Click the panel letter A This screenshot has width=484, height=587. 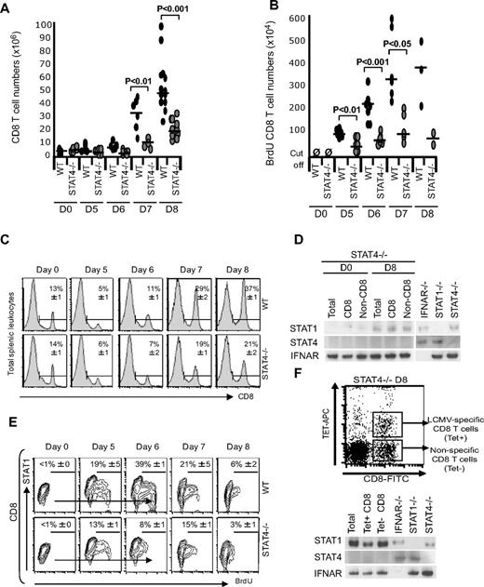(8, 8)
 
